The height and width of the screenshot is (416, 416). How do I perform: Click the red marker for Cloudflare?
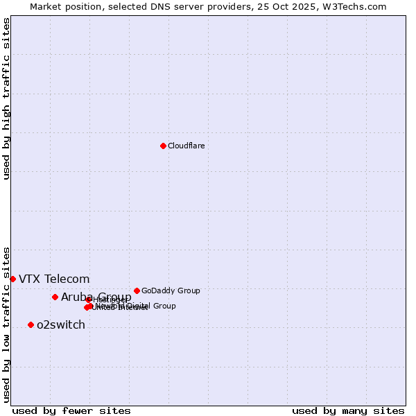(x=163, y=146)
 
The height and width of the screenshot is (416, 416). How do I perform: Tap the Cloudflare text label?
(x=186, y=146)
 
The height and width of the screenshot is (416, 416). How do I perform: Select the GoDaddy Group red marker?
(x=137, y=291)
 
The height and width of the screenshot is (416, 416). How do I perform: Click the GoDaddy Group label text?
(x=171, y=291)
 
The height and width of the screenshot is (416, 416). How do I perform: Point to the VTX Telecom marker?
(x=12, y=279)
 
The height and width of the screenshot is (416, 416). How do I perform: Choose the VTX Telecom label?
(x=54, y=279)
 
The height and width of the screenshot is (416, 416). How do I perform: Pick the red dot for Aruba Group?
(x=55, y=297)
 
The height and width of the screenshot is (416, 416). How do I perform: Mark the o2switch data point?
(x=31, y=324)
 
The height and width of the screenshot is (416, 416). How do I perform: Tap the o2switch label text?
(x=61, y=325)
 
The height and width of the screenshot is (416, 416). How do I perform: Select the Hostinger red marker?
(x=89, y=300)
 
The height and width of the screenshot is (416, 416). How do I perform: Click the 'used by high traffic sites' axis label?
(x=6, y=98)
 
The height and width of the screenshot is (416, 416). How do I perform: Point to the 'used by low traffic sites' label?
(x=6, y=324)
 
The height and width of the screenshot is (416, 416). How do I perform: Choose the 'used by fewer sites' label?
(x=71, y=410)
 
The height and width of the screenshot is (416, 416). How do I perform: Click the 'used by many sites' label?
(x=348, y=410)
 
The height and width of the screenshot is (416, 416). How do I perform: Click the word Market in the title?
(x=46, y=6)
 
